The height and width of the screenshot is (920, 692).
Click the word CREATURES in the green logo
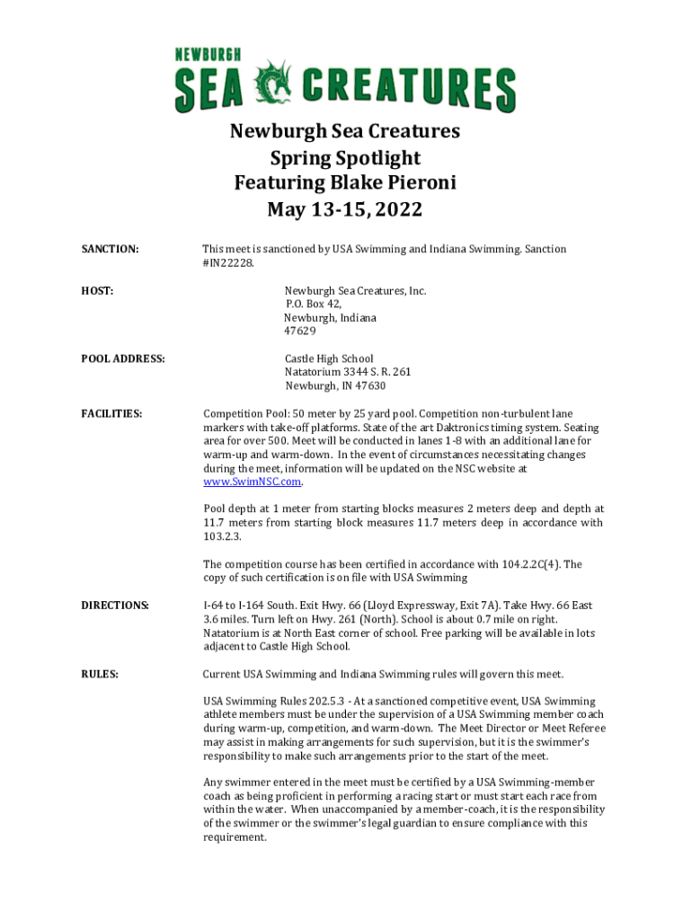coord(409,90)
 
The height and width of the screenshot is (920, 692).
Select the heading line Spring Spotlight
coord(345,158)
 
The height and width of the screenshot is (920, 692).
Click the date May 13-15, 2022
coord(345,210)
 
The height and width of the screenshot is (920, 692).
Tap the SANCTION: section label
coord(110,249)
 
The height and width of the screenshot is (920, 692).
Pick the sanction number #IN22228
coord(228,263)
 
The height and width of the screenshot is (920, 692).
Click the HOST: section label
coord(97,290)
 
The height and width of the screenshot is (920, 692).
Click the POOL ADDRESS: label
coord(123,358)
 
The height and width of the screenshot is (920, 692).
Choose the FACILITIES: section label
coord(111,413)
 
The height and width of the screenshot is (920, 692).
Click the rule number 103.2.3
coord(222,536)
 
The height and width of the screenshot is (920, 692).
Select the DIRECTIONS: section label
coord(114,605)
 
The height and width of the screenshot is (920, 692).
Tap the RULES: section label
coord(100,674)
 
